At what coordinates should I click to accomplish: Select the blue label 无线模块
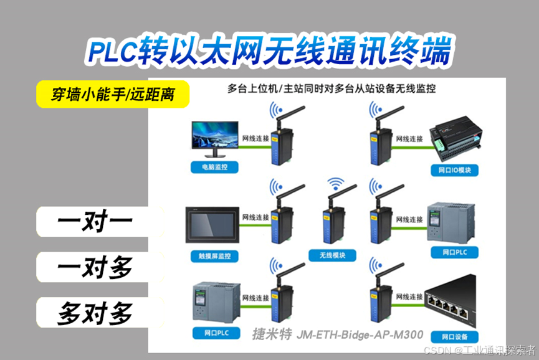coord(332,255)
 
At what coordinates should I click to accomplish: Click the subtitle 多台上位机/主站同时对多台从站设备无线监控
coord(332,88)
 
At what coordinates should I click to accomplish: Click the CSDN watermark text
coord(480,350)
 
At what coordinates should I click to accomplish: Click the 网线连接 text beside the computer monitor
coord(255,138)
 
